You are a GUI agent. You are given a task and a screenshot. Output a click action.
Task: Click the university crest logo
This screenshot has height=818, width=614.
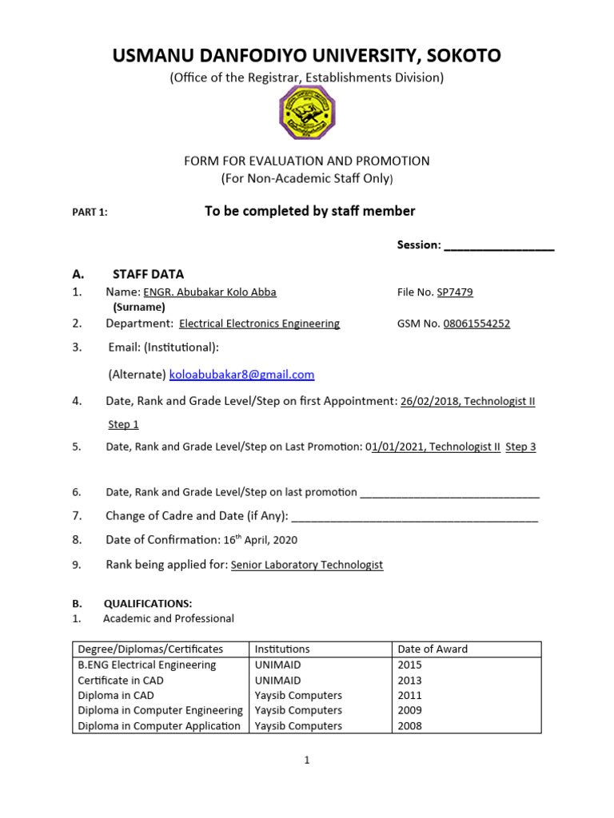tap(307, 112)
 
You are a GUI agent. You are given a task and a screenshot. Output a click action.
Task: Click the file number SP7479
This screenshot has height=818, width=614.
tap(455, 292)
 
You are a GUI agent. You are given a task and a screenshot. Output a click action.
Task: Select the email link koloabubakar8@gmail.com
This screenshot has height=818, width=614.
tap(242, 374)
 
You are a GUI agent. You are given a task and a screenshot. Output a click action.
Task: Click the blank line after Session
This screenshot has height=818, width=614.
tap(499, 245)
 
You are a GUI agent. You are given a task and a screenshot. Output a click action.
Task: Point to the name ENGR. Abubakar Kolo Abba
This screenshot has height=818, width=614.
tap(209, 292)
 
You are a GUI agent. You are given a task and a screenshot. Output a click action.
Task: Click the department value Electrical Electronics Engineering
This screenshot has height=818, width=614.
tap(259, 324)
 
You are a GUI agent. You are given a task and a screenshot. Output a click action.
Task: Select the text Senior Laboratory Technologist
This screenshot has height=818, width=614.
tap(307, 565)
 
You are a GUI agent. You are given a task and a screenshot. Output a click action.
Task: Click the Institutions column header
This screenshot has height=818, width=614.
tap(282, 649)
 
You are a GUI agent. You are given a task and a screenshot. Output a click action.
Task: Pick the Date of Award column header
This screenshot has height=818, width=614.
tap(433, 649)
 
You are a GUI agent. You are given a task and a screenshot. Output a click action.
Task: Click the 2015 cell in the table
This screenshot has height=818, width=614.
tap(409, 665)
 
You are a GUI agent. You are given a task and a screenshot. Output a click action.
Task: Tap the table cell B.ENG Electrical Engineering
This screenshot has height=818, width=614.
tap(147, 665)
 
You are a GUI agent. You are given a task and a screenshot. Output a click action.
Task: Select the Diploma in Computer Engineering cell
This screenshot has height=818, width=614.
tap(160, 710)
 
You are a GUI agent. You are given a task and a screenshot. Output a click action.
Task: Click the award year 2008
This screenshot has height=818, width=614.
tap(409, 726)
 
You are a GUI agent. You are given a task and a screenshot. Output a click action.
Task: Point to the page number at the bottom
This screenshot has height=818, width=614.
tap(306, 760)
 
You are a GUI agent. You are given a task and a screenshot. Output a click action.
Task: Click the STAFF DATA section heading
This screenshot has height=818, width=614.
tap(148, 274)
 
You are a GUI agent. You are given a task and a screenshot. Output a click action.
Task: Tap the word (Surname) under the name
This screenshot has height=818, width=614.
tap(139, 307)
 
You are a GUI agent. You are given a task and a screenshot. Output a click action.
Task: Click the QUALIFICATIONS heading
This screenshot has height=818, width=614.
tap(148, 603)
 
